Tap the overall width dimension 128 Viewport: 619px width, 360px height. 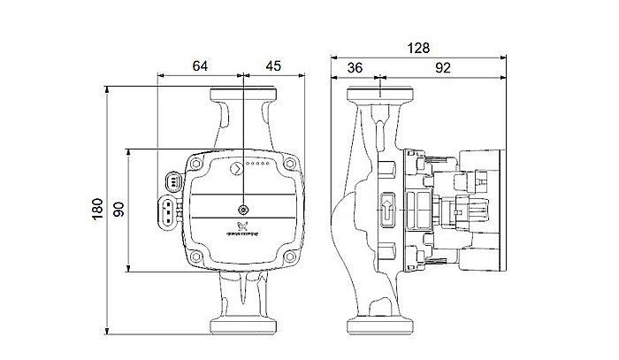(418, 50)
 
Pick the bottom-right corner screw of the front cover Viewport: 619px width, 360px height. (290, 257)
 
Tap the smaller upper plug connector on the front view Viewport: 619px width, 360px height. (173, 181)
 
